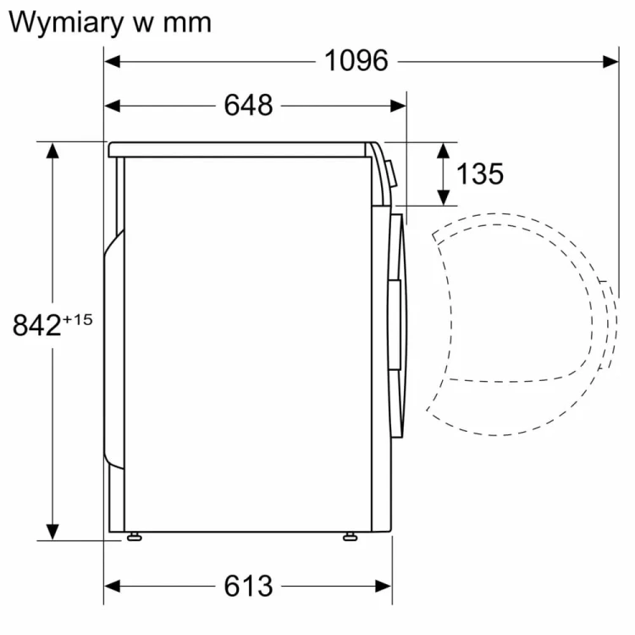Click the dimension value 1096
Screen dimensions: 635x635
click(356, 61)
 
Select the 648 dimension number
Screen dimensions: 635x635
click(248, 106)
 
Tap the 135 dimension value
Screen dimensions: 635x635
click(479, 174)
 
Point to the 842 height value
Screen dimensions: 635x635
click(38, 325)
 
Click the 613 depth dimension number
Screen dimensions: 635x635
click(248, 585)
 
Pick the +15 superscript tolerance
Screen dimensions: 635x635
click(77, 319)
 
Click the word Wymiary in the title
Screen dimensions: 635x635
click(64, 22)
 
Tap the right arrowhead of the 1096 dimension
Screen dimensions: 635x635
click(611, 61)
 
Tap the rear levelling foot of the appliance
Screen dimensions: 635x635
click(133, 536)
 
